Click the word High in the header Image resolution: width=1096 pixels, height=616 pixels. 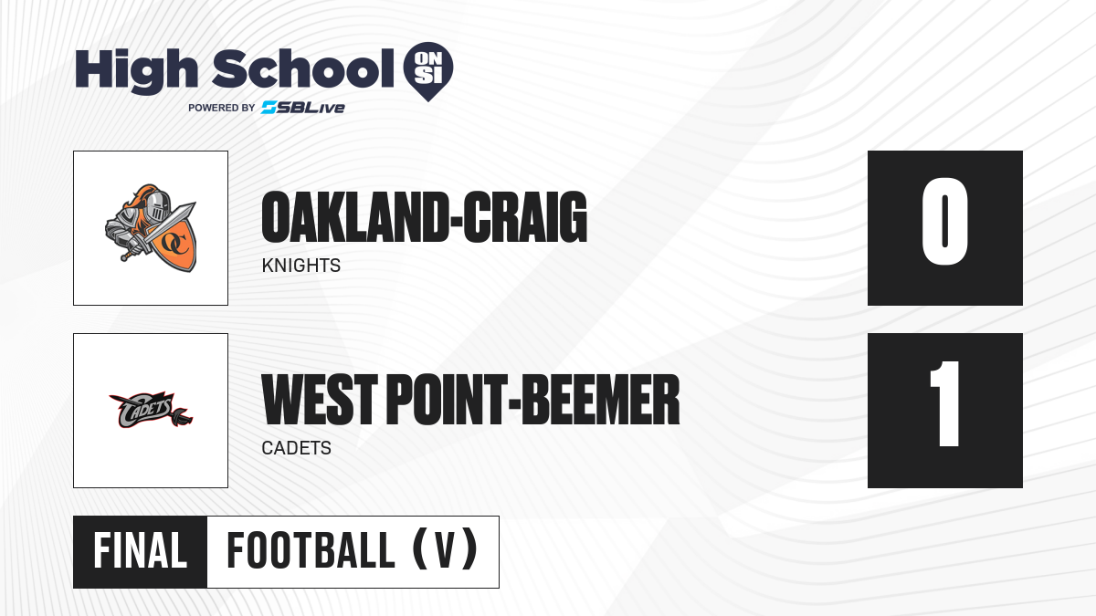coord(136,70)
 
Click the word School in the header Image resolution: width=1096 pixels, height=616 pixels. coord(303,68)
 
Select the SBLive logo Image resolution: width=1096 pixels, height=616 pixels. coord(303,108)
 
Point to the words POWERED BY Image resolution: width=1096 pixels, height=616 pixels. coord(221,108)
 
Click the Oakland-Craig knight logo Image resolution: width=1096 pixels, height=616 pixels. coord(151,228)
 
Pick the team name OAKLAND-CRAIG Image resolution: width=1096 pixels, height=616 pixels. coord(424,217)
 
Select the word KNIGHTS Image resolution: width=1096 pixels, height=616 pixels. coord(300,266)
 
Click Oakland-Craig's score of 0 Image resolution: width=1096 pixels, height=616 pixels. coord(944,221)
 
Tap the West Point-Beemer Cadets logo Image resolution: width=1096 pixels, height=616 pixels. coord(151,410)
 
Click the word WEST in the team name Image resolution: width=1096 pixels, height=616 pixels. coord(320,399)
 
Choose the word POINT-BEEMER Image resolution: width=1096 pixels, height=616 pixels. coord(533,399)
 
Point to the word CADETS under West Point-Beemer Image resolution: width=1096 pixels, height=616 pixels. coord(297,448)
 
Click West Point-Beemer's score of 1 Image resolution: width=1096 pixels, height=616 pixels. coord(944,403)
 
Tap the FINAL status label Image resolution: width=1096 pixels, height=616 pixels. coord(141,551)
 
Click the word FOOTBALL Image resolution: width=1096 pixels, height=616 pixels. coord(311,551)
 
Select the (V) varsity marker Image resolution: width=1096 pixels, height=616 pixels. coord(445,550)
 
